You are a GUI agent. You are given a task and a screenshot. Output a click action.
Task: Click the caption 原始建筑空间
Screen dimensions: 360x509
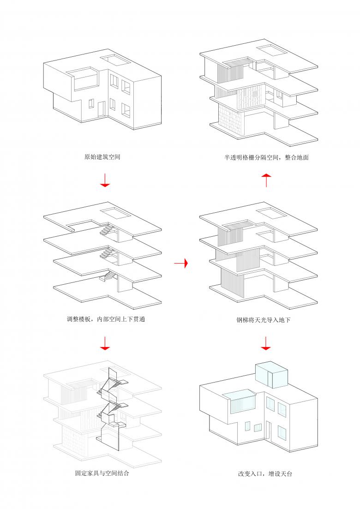102,157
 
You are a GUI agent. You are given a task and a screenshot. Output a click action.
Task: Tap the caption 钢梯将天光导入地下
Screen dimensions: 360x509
263,320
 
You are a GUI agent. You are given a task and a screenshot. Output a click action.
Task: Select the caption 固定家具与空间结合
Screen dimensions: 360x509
102,473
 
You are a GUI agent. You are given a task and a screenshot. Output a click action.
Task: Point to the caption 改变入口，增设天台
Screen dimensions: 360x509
265,473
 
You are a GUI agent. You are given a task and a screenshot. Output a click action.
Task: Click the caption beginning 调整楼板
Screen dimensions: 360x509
106,319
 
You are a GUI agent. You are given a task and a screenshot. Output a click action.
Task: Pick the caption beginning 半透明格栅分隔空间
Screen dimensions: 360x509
266,157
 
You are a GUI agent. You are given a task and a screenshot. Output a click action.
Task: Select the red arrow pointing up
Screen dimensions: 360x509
266,180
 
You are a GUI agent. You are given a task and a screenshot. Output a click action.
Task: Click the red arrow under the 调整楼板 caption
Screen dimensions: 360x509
105,343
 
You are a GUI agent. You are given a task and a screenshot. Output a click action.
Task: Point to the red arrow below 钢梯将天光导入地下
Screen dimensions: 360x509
266,343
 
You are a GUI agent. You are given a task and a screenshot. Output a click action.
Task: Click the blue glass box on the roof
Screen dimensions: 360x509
272,374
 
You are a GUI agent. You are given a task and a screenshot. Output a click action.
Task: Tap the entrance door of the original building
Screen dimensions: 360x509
101,109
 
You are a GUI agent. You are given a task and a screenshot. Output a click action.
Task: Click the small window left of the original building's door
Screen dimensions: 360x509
91,103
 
